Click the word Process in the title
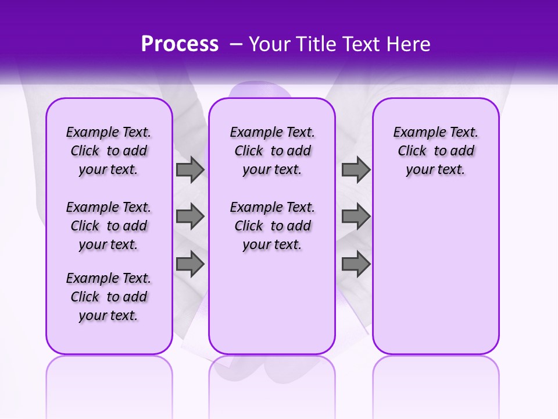pyautogui.click(x=180, y=44)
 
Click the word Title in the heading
pyautogui.click(x=315, y=44)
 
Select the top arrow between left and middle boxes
pyautogui.click(x=190, y=169)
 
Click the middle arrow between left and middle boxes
pyautogui.click(x=190, y=216)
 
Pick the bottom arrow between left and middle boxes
pyautogui.click(x=190, y=264)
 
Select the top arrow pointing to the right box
pyautogui.click(x=356, y=169)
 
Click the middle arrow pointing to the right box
pyautogui.click(x=356, y=216)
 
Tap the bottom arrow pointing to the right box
pyautogui.click(x=356, y=264)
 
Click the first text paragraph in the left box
pyautogui.click(x=109, y=151)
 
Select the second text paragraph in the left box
pyautogui.click(x=109, y=226)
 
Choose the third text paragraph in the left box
pyautogui.click(x=109, y=297)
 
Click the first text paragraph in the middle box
pyautogui.click(x=272, y=151)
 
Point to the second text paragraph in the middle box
pyautogui.click(x=272, y=226)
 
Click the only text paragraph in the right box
pyautogui.click(x=435, y=151)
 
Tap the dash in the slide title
pyautogui.click(x=236, y=44)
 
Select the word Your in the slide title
pyautogui.click(x=270, y=44)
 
